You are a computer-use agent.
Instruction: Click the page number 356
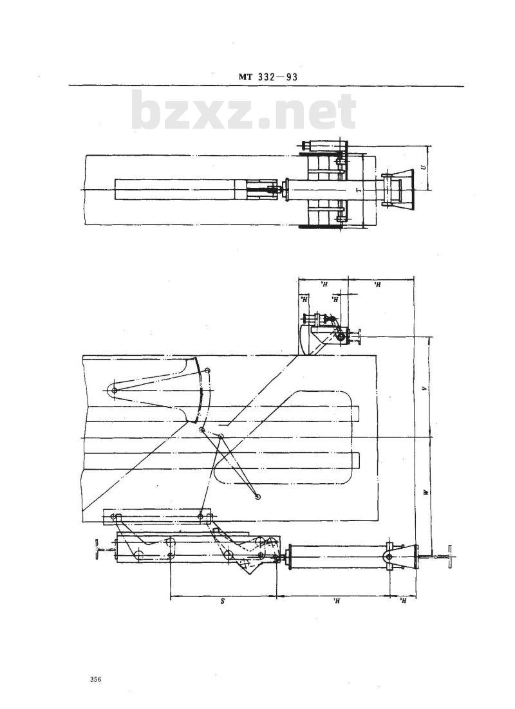point(97,679)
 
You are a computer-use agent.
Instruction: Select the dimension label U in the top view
point(422,167)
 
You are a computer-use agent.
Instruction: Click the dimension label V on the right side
point(423,389)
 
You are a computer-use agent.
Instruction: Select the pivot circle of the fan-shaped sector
point(113,390)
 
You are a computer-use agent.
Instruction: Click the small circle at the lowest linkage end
point(257,496)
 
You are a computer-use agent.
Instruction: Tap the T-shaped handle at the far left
point(96,551)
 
